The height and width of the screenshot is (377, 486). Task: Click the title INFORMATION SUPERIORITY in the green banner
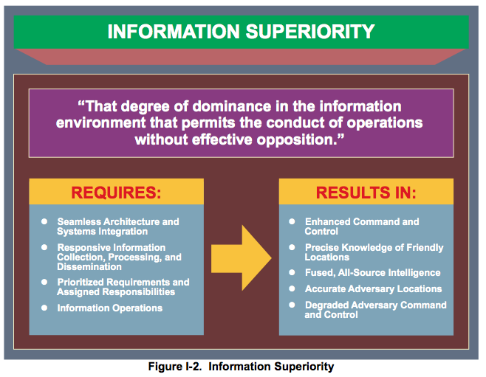click(x=241, y=32)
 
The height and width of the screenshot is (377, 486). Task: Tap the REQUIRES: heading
click(x=117, y=194)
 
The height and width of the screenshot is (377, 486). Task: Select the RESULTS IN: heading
click(x=366, y=193)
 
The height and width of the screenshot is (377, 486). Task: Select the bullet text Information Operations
click(x=110, y=308)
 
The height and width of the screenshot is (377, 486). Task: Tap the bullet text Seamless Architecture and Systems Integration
click(x=118, y=226)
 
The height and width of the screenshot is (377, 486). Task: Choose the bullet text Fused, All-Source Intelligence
click(x=372, y=273)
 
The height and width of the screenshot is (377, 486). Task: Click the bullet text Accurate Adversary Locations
click(x=373, y=288)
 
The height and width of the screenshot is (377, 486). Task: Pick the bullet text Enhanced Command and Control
click(x=362, y=226)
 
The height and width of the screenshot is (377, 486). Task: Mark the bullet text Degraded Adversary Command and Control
click(x=375, y=310)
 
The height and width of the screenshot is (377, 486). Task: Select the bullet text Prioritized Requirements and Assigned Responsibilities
click(x=123, y=287)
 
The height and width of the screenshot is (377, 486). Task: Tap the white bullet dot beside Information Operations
click(x=45, y=308)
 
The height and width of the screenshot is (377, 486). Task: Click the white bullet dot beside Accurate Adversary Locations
click(x=292, y=288)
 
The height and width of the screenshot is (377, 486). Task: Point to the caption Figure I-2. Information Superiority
click(x=240, y=367)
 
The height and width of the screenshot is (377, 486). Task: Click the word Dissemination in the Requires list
click(x=89, y=267)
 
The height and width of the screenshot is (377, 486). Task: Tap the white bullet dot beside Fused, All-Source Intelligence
click(x=292, y=273)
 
